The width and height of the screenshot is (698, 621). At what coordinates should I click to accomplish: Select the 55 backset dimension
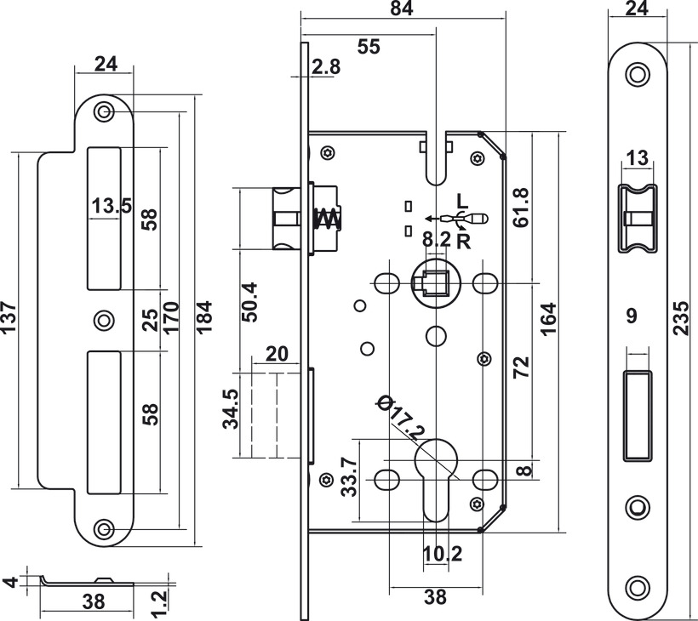click(368, 48)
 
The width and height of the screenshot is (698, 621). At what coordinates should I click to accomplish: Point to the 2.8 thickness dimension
click(325, 68)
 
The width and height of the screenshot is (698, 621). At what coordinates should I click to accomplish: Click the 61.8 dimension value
click(521, 207)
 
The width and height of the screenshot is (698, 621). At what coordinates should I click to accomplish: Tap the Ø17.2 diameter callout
click(399, 418)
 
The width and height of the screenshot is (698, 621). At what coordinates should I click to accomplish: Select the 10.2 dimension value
click(443, 555)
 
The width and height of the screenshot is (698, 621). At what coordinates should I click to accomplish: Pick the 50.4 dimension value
click(249, 303)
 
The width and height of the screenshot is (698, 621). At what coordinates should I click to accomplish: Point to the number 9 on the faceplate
click(632, 316)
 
